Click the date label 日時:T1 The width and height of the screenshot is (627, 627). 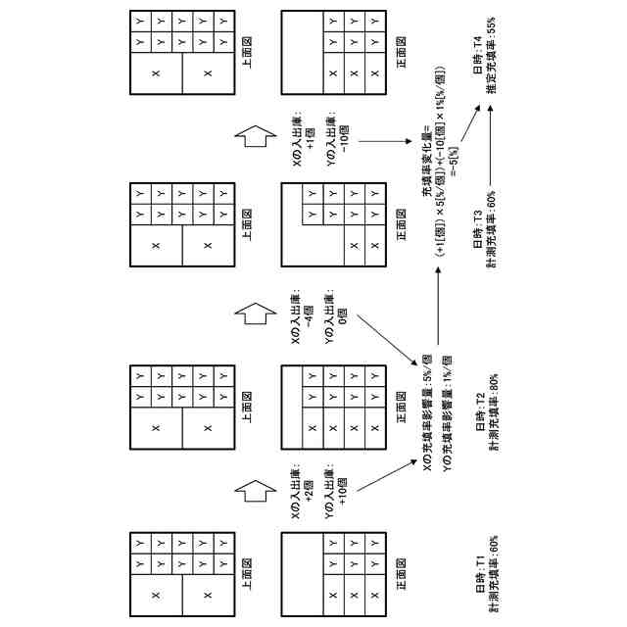pyautogui.click(x=480, y=573)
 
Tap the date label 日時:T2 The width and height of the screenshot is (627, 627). pyautogui.click(x=480, y=412)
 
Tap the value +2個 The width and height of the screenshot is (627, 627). pyautogui.click(x=308, y=490)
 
